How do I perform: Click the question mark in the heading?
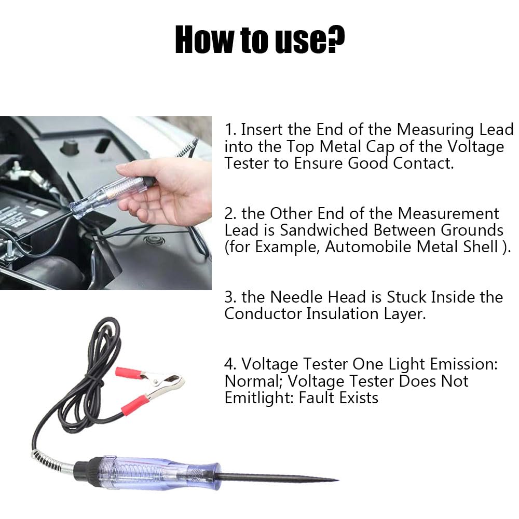coord(336,39)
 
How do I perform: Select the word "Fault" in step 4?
coord(317,398)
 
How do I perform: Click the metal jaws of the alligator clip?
coord(162,384)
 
